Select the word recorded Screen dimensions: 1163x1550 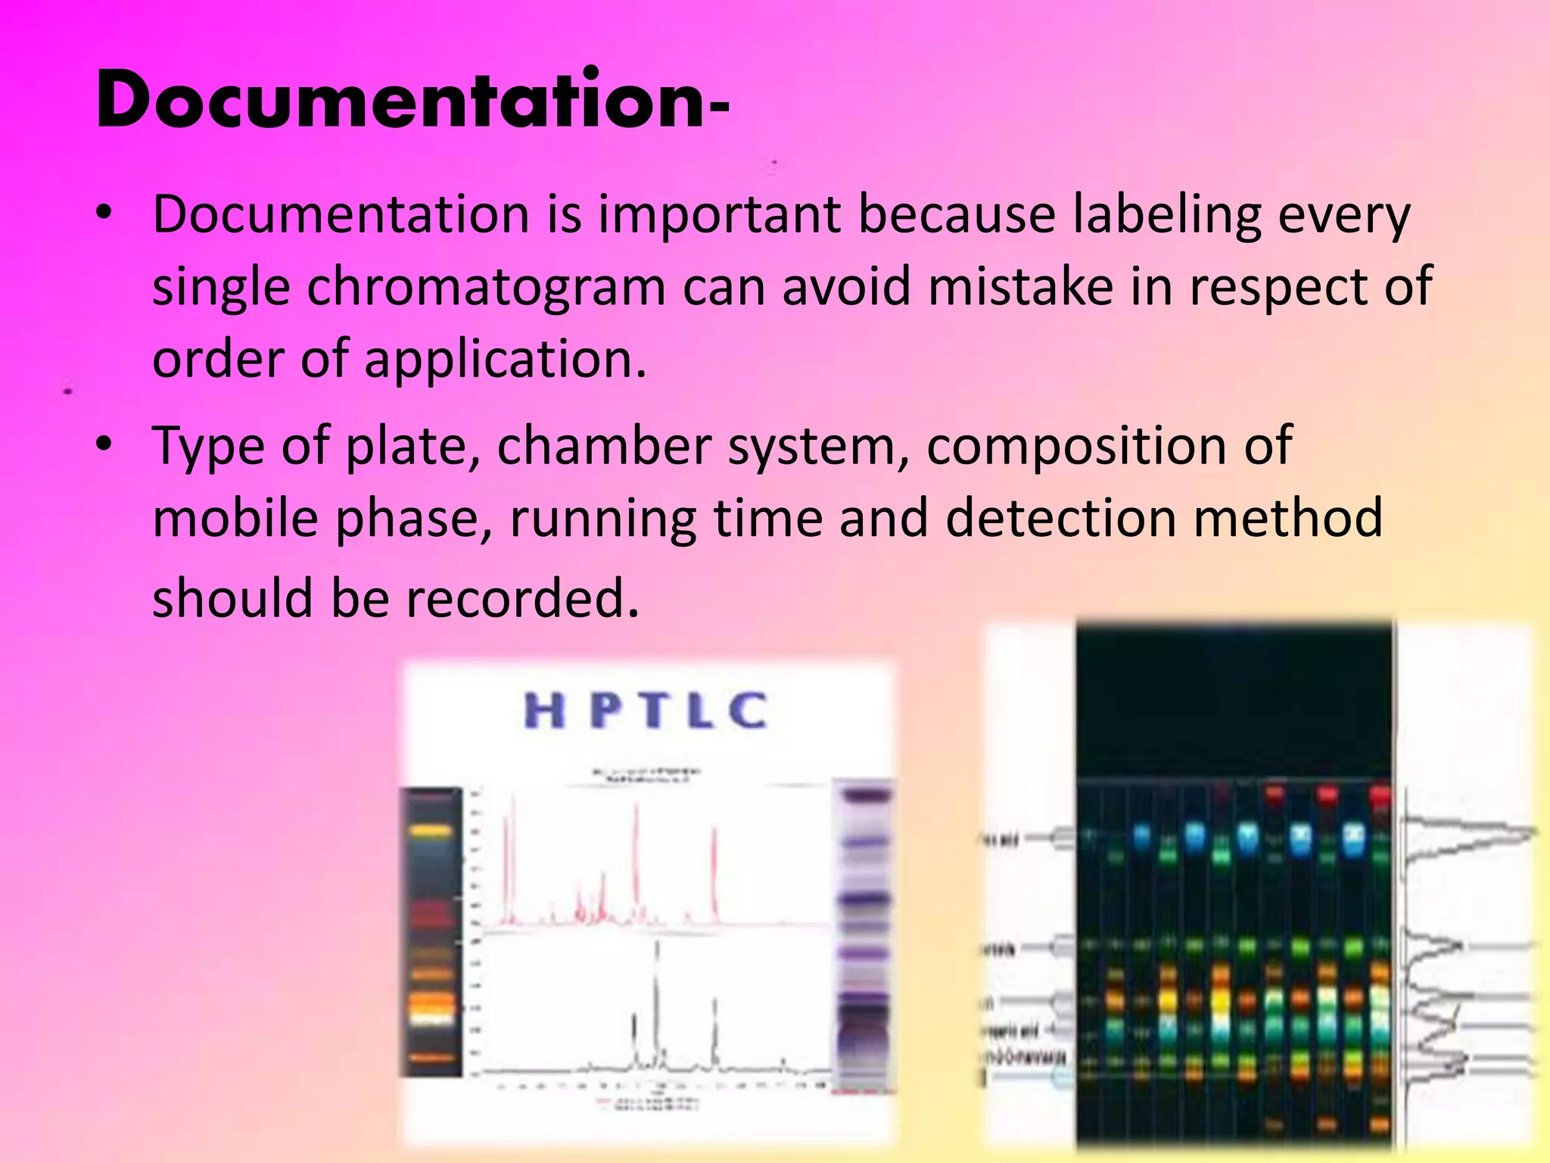(x=522, y=598)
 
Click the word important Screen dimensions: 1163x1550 (x=720, y=215)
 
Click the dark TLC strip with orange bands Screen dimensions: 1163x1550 (x=431, y=931)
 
